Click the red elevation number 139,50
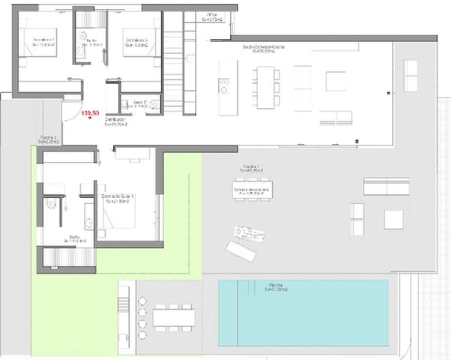91,113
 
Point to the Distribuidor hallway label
115,122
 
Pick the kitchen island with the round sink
224,88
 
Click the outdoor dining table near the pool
174,317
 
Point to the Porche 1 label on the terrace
251,169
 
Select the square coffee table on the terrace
394,219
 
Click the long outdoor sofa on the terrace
386,185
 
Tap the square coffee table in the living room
335,80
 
